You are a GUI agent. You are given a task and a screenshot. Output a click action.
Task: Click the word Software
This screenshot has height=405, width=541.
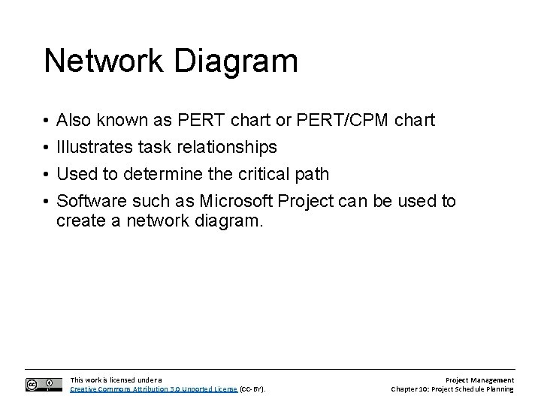coord(91,201)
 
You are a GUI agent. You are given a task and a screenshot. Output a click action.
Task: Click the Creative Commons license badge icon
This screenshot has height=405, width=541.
coord(44,384)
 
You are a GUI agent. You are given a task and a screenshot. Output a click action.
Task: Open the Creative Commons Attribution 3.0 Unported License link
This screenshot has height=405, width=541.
coord(153,389)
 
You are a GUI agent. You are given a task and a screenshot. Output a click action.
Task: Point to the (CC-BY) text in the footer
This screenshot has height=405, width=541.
coord(252,389)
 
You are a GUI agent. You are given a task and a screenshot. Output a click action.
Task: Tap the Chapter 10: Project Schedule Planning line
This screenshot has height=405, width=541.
coord(452,389)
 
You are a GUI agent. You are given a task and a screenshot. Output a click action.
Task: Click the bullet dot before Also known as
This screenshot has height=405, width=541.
coord(47,121)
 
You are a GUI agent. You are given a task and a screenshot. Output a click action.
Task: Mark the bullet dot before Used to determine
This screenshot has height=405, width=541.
coord(47,175)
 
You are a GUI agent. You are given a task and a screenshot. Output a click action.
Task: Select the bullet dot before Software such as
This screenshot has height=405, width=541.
coord(47,202)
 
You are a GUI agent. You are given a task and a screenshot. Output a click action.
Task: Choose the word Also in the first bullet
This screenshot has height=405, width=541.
coord(74,120)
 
